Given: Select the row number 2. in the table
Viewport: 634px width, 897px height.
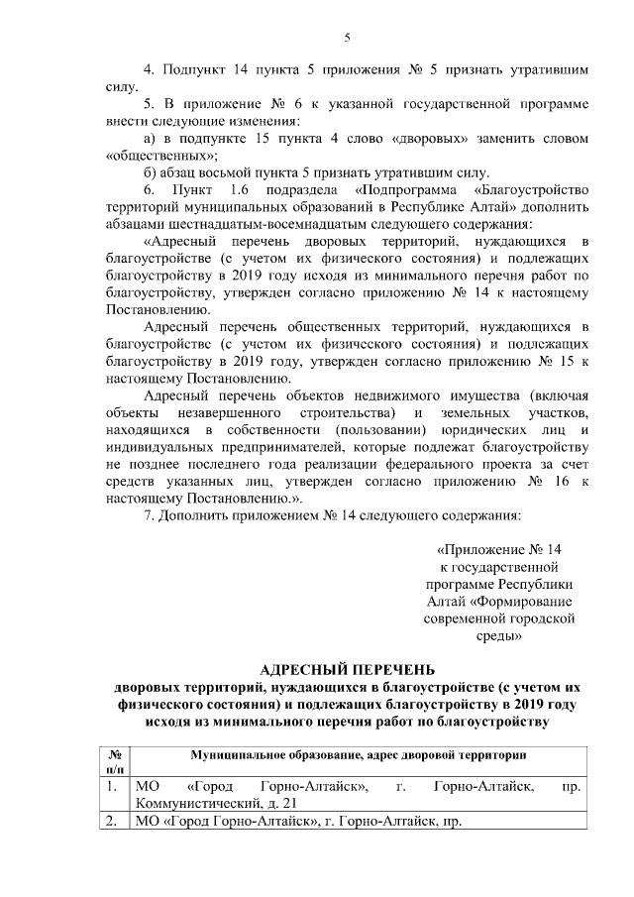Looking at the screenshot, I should click(114, 822).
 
